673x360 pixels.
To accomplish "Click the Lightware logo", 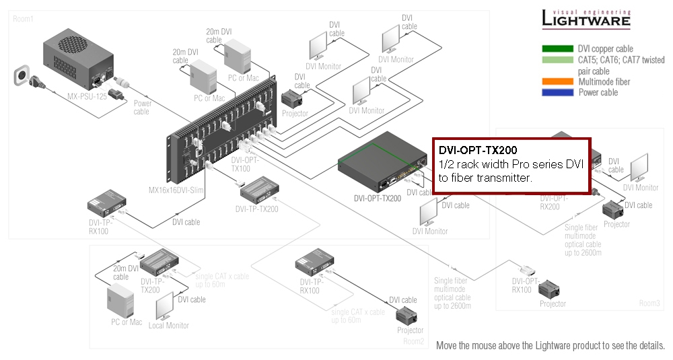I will tap(586, 19).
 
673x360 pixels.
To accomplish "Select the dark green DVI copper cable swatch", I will tap(557, 49).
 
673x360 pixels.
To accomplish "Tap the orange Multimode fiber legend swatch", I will tap(557, 82).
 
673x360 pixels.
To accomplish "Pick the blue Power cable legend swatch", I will tap(557, 93).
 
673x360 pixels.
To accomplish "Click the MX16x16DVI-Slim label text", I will tap(176, 190).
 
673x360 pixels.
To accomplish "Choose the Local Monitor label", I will tap(168, 326).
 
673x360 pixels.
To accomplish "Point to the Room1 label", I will tap(23, 19).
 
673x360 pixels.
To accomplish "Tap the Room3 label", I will tap(649, 303).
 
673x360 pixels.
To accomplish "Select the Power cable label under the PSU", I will tap(142, 108).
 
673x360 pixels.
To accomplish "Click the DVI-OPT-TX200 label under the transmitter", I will tap(377, 199).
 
